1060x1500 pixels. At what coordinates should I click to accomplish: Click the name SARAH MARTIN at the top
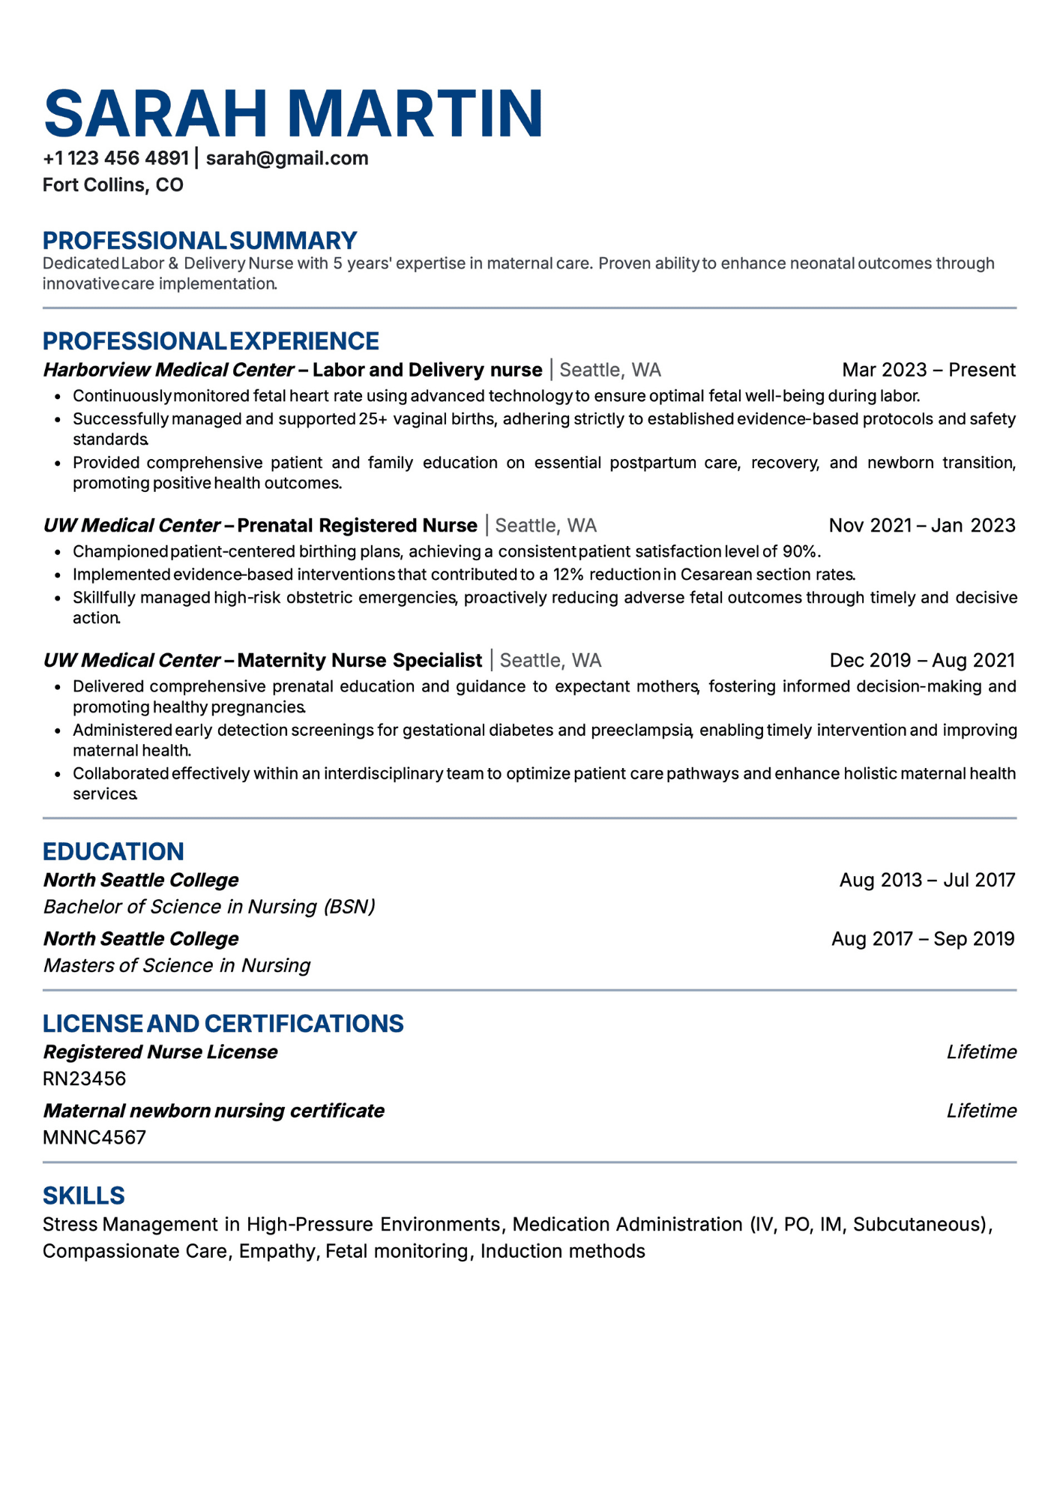tap(293, 114)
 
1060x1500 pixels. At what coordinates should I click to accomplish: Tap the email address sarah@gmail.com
tap(287, 158)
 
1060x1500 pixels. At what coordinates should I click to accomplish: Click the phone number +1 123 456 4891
tap(116, 158)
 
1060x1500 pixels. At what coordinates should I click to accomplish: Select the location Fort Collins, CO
tap(113, 185)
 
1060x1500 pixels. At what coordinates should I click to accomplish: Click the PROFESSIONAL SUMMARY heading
tap(199, 241)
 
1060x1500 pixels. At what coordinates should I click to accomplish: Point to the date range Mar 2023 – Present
tap(928, 370)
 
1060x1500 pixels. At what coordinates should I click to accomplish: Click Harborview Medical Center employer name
tap(168, 370)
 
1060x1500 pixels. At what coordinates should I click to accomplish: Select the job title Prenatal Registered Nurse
tap(357, 525)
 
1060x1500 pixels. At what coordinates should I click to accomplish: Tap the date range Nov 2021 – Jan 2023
tap(921, 525)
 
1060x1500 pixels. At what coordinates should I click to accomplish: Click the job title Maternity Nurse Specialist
tap(359, 660)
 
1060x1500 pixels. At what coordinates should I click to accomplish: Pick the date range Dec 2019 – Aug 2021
tap(921, 660)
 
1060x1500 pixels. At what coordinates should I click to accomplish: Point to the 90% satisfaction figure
tap(799, 552)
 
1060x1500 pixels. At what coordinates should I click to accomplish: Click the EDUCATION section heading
tap(113, 851)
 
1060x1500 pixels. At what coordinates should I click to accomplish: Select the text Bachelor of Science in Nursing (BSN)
tap(209, 907)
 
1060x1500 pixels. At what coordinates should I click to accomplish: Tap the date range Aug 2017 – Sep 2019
tap(922, 939)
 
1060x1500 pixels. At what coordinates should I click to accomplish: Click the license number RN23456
tap(84, 1078)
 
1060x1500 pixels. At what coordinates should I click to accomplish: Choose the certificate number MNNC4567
tap(94, 1137)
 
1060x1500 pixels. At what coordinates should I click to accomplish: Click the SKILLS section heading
tap(83, 1195)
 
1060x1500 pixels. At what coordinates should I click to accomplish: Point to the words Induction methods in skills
tap(562, 1251)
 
